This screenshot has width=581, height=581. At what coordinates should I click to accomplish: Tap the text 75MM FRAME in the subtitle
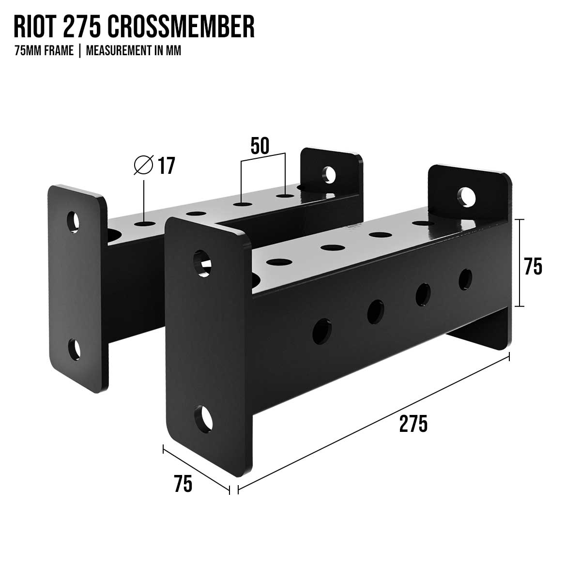coord(44,51)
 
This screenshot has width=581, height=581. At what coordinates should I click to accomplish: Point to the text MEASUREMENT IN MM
coord(134,51)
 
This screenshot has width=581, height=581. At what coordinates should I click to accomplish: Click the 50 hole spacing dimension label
coord(260,145)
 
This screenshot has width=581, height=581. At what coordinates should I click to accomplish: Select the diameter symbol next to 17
coord(143,166)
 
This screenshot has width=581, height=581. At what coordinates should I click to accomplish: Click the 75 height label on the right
coord(533,266)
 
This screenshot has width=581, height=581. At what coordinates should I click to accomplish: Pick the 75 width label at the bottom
coord(183,484)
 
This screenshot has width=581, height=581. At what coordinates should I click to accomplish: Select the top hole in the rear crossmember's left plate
coord(74,221)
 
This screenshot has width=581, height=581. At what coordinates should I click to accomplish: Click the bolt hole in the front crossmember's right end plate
coord(467,196)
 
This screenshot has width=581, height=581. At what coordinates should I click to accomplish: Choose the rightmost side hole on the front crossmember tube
coord(465,278)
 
